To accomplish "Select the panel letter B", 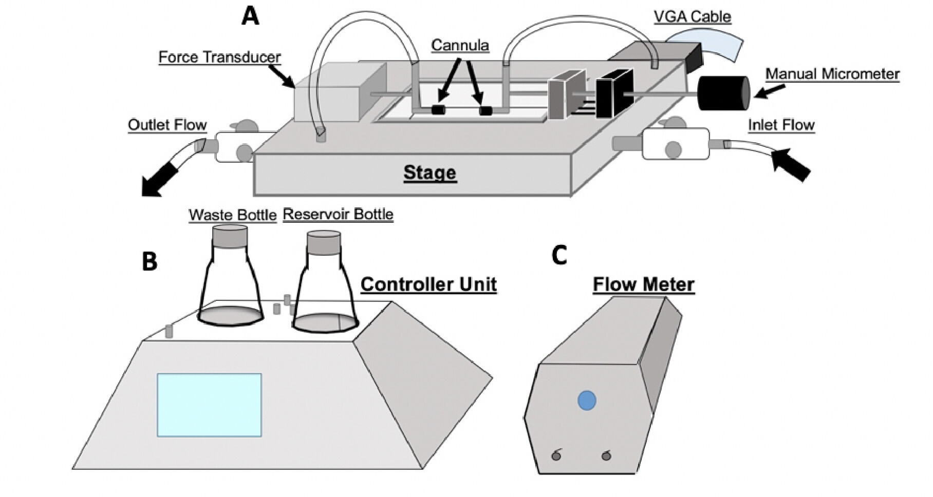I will point(150,261).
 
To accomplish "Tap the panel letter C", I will point(559,255).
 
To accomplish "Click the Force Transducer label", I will point(219,57).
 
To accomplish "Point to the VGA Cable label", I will point(692,16).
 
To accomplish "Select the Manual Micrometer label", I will point(832,74).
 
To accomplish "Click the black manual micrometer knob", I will point(723,93).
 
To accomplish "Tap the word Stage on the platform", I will point(430,173).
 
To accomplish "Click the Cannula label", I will point(460,45).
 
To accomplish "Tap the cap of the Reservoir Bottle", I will point(323,242).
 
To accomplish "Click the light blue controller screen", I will point(209,405).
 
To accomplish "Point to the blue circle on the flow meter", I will point(587,400).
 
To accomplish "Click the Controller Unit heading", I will point(428,284).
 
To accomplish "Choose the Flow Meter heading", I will point(643,284).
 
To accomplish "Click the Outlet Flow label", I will point(167,125).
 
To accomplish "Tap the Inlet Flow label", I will point(781,125).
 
